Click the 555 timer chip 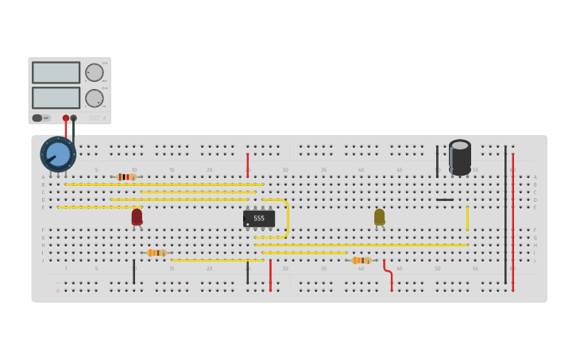pos(259,219)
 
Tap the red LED pos(137,216)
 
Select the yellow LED pos(380,216)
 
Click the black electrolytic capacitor pos(460,157)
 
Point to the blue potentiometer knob pos(58,154)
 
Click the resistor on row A pos(126,176)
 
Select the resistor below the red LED pos(157,253)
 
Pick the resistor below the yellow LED pos(361,260)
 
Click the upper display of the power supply pos(56,72)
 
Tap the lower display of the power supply pos(56,98)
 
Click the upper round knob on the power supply pos(95,72)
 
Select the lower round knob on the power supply pos(95,99)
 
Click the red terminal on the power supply pos(66,118)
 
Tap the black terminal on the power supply pos(74,118)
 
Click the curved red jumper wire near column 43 pos(388,272)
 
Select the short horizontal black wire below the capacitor pos(445,199)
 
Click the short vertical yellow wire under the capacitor pos(467,219)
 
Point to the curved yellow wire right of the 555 pos(285,218)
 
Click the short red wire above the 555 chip pos(248,165)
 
